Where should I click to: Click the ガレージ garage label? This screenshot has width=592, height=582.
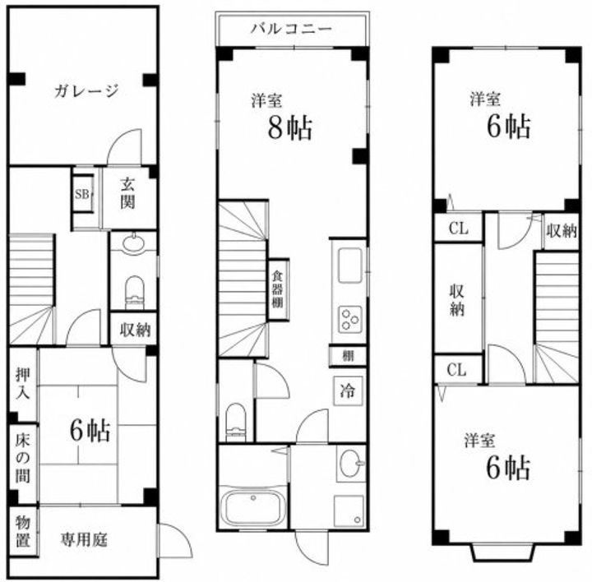(86, 91)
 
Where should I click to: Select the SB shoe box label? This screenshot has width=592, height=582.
(82, 194)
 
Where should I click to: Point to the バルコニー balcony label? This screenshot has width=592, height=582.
(292, 29)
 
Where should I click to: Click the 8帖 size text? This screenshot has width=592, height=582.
(290, 127)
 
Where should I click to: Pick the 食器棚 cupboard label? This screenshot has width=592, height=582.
(278, 289)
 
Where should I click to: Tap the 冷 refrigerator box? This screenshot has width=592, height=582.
(347, 390)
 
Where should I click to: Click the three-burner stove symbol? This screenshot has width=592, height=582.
(350, 320)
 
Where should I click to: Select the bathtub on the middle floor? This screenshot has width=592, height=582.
(253, 508)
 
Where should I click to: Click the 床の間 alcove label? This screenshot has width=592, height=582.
(23, 460)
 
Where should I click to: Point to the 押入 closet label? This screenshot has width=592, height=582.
(23, 383)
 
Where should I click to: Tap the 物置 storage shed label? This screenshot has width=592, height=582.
(23, 531)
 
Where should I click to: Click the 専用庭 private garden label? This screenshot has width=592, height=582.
(84, 539)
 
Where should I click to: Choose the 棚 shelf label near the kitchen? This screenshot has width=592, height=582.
(348, 356)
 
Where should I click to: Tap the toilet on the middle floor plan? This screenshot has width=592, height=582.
(236, 423)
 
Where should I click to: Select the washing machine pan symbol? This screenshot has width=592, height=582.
(349, 510)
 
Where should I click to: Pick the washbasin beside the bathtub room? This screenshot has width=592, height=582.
(352, 463)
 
